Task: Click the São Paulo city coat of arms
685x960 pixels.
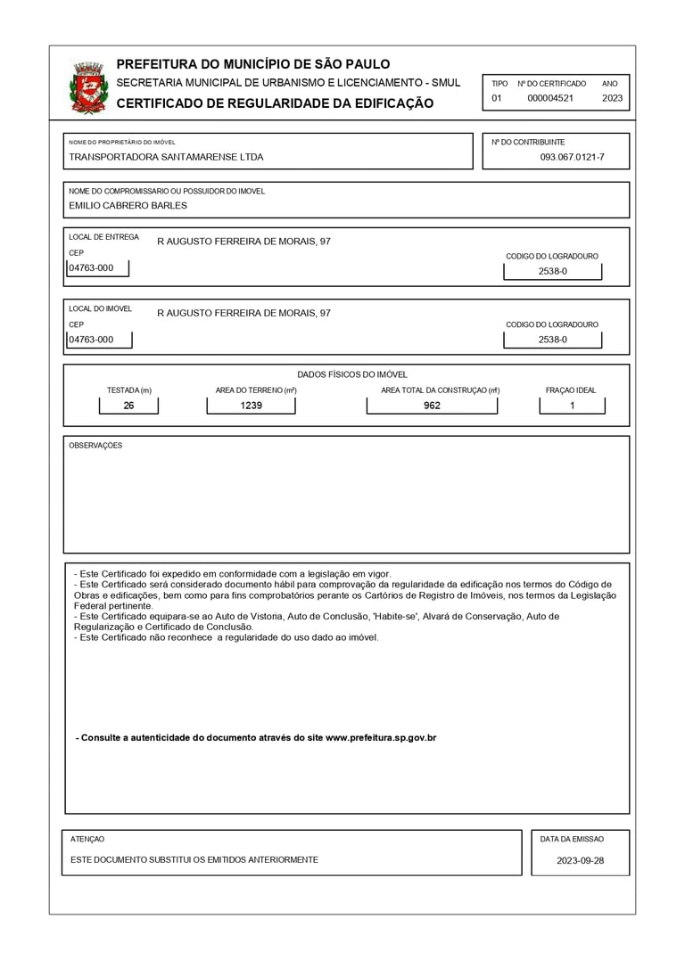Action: click(87, 87)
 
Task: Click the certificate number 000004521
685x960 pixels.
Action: click(550, 98)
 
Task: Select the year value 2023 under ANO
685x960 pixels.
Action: click(612, 98)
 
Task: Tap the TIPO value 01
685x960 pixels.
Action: click(497, 98)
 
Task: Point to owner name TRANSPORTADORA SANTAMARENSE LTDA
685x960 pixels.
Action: click(166, 157)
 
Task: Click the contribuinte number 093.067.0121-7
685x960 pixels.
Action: click(572, 157)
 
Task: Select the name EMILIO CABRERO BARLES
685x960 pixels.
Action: click(128, 205)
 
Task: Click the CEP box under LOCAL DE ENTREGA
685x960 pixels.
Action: click(97, 267)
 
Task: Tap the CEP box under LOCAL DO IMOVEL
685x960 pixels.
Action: click(97, 340)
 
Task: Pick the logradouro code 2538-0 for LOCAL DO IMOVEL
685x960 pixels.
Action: click(552, 340)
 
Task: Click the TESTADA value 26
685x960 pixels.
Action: click(128, 406)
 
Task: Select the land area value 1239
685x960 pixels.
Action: click(252, 406)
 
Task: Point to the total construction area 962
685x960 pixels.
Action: click(432, 406)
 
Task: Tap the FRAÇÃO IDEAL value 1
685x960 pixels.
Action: click(572, 406)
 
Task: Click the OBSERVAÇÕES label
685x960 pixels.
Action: click(95, 446)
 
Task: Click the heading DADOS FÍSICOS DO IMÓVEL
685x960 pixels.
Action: click(351, 374)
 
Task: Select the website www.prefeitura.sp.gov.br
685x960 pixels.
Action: click(381, 738)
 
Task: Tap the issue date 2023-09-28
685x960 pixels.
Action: click(580, 860)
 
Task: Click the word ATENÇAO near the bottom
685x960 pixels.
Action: click(87, 839)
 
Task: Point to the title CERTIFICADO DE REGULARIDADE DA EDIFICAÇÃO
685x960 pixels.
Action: click(275, 103)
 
